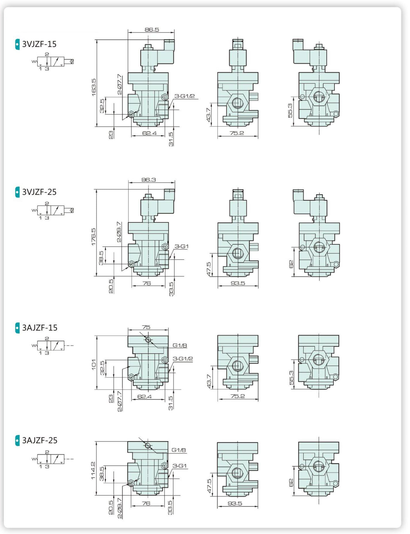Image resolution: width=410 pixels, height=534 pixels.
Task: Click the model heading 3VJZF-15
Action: pos(39,44)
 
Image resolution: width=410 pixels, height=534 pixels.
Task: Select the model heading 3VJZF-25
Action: pos(39,192)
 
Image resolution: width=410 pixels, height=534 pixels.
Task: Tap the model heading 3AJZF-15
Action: pos(40,328)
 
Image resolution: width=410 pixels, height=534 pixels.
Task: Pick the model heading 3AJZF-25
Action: pos(40,440)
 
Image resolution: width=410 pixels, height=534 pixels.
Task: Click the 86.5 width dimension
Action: pos(152,29)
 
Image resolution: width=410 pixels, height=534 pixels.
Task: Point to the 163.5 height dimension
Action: pos(94,87)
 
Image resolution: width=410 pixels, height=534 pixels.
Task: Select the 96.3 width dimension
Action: pos(149,180)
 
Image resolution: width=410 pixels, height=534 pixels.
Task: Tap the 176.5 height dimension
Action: pos(94,237)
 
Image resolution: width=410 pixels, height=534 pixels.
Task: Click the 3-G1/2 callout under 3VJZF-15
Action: pos(184,96)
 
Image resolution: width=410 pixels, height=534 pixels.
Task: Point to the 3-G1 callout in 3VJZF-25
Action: pos(182,246)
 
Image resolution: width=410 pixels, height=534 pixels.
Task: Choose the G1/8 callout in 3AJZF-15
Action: pos(180,345)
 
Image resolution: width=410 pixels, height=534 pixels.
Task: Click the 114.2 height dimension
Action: pos(93,471)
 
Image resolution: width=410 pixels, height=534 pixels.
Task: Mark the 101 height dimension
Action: pos(94,364)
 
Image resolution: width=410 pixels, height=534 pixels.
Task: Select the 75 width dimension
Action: pos(146,327)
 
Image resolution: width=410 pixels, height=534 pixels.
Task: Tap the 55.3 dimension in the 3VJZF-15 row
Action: pos(290,111)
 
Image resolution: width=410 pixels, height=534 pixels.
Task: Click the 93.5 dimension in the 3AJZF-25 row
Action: pos(235,503)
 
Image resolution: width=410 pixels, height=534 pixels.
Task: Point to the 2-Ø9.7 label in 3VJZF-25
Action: pos(119,232)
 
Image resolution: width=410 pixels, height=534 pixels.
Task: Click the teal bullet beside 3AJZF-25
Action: pos(18,440)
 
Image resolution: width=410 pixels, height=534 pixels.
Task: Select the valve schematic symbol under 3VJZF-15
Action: pos(53,61)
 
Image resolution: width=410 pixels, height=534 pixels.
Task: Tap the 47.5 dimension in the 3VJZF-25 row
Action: pos(208,269)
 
